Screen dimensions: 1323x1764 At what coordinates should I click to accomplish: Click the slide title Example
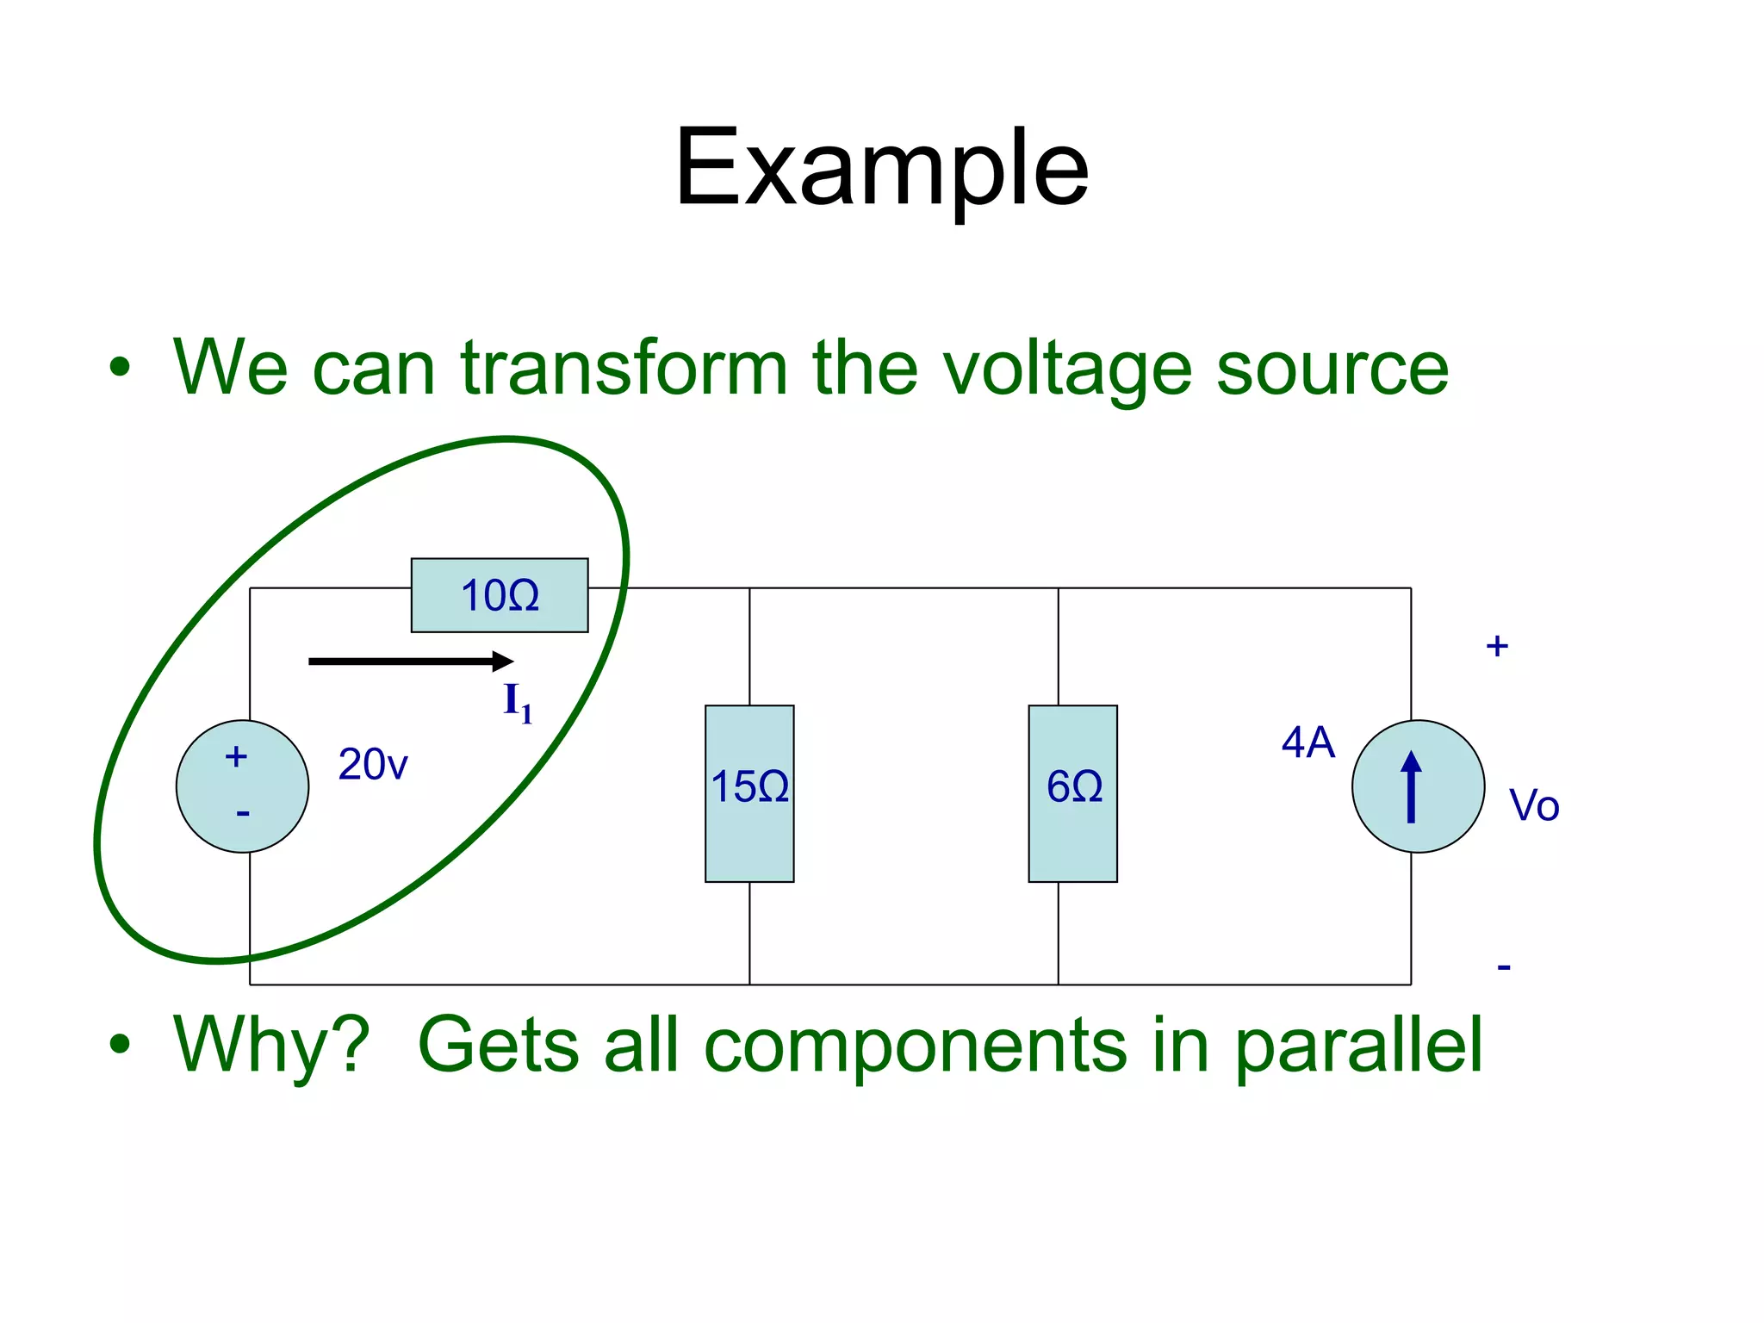[x=881, y=169]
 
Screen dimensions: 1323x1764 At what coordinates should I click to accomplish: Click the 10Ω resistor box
[x=500, y=595]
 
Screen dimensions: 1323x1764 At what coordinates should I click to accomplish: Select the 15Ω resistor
[x=749, y=793]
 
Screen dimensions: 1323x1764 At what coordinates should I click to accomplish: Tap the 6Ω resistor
[x=1072, y=793]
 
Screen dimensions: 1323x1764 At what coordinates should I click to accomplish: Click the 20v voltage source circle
[x=243, y=786]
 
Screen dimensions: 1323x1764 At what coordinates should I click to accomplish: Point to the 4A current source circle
[x=1418, y=786]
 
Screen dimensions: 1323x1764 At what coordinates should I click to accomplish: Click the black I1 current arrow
[x=410, y=661]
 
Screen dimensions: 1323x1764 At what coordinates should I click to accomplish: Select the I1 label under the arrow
[x=518, y=703]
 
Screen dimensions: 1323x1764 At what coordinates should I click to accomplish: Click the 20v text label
[x=372, y=765]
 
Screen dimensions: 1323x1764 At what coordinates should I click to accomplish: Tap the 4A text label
[x=1307, y=742]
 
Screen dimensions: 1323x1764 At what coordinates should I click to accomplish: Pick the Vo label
[x=1534, y=806]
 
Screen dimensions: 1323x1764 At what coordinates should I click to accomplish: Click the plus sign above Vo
[x=1497, y=646]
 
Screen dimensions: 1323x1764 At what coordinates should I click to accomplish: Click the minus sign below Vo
[x=1504, y=967]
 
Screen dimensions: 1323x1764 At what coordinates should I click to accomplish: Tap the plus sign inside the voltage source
[x=236, y=757]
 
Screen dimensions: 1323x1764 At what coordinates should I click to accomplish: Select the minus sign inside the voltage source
[x=243, y=813]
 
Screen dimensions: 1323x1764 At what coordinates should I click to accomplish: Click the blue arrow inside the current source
[x=1411, y=786]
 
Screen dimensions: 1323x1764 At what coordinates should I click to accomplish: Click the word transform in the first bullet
[x=624, y=368]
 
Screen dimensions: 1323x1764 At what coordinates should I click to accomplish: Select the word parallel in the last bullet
[x=1358, y=1046]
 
